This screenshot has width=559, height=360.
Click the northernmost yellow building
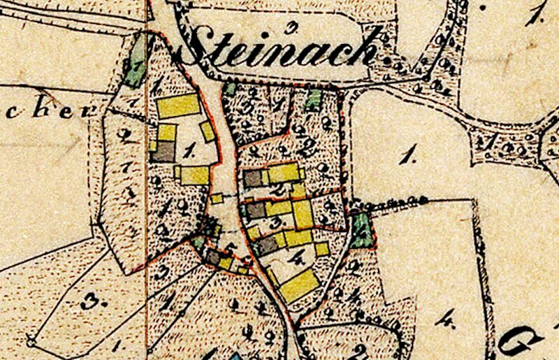click(x=177, y=106)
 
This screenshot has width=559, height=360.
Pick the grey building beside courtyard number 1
click(x=164, y=152)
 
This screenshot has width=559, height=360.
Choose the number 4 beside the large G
click(x=444, y=322)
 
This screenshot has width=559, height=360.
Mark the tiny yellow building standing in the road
click(x=217, y=199)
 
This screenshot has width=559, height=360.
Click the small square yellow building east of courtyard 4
click(x=321, y=249)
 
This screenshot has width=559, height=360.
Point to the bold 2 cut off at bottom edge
click(x=360, y=351)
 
